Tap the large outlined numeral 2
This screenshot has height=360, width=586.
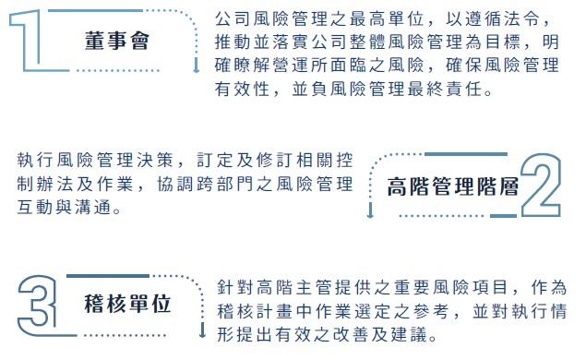coord(544,184)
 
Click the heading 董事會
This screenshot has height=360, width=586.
coord(115,42)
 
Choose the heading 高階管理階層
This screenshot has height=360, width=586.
coord(452,185)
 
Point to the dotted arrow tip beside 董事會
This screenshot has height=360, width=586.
coord(196,69)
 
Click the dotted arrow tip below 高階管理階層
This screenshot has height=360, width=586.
coord(370,213)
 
